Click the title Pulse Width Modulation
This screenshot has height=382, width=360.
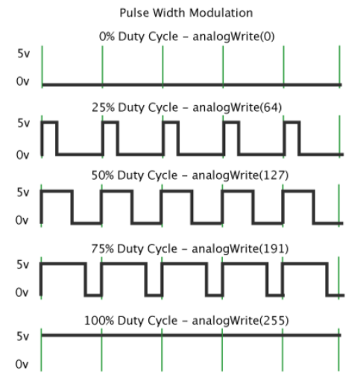[186, 13]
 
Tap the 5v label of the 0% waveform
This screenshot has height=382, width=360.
[23, 53]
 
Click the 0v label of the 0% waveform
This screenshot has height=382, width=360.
[22, 81]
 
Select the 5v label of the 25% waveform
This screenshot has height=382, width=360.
[23, 123]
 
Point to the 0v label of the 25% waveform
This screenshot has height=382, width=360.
[22, 155]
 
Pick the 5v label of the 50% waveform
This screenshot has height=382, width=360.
[23, 192]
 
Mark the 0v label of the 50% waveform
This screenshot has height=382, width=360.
[22, 220]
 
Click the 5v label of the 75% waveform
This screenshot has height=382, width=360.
[23, 264]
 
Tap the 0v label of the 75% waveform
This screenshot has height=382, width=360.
[22, 292]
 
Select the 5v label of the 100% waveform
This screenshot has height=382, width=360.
[23, 336]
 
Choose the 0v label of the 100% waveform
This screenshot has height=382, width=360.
[22, 364]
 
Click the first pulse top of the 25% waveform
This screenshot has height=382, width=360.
[49, 122]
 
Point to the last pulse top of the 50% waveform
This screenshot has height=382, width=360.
[298, 191]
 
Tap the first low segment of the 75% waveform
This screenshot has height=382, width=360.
[93, 295]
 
